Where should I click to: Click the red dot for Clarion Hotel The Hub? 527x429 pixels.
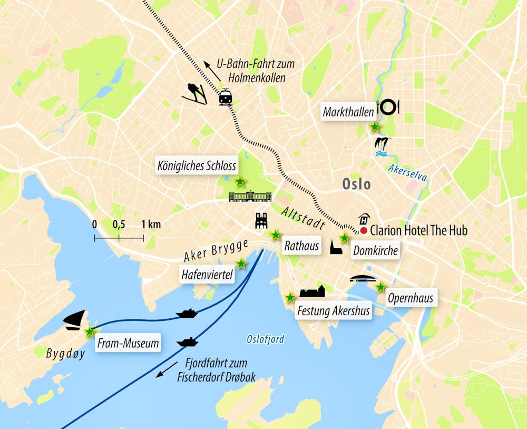[x=364, y=231]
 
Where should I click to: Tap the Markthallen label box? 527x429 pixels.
[x=348, y=111]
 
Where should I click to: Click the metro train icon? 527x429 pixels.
[x=226, y=97]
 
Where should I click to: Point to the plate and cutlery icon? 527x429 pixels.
[x=388, y=106]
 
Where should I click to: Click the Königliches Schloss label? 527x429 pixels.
[x=197, y=165]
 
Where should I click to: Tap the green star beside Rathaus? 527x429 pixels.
[x=275, y=235]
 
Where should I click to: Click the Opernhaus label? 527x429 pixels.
[x=410, y=298]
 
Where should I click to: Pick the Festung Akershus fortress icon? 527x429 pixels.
[x=313, y=291]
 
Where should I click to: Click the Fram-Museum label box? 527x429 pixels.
[x=128, y=344]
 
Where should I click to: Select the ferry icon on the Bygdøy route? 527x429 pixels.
[x=187, y=314]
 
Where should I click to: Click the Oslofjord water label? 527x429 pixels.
[x=265, y=339]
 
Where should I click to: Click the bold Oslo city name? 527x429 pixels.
[x=356, y=184]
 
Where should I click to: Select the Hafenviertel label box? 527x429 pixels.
[x=207, y=275]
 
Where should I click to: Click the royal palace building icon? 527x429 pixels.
[x=250, y=197]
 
